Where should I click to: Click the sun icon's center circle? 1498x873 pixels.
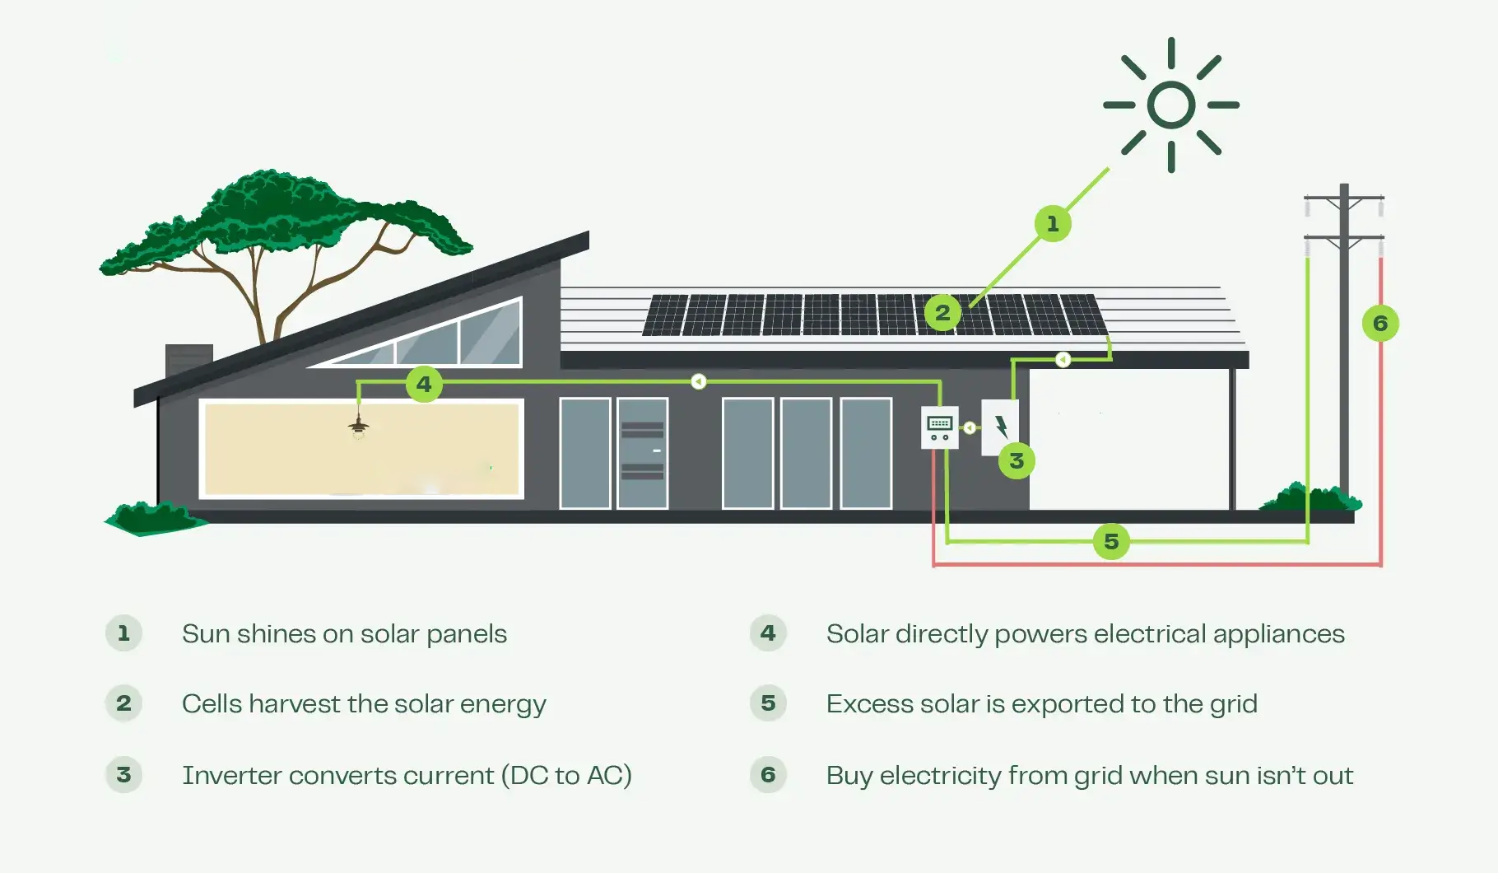[x=1170, y=105]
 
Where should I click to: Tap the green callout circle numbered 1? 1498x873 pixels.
[x=1052, y=223]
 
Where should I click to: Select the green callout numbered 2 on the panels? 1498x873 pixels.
[x=942, y=313]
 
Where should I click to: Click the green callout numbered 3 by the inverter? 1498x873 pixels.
[x=1016, y=460]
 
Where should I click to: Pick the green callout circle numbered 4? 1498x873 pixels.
[x=424, y=384]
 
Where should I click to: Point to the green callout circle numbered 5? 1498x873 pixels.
[x=1111, y=541]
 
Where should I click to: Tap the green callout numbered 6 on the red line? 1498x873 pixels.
[x=1380, y=323]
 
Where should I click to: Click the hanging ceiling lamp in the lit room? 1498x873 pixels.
[x=358, y=427]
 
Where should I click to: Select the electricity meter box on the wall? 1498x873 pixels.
[x=939, y=427]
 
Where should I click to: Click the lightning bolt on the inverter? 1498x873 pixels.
[x=1001, y=427]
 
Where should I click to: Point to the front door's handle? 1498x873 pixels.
[x=657, y=451]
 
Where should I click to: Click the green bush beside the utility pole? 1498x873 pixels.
[x=1310, y=497]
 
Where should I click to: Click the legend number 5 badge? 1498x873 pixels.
[x=768, y=703]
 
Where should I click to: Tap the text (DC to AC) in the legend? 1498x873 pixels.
[x=566, y=776]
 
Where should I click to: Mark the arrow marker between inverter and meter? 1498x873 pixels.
[x=970, y=427]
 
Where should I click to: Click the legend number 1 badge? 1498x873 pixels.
[x=123, y=633]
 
